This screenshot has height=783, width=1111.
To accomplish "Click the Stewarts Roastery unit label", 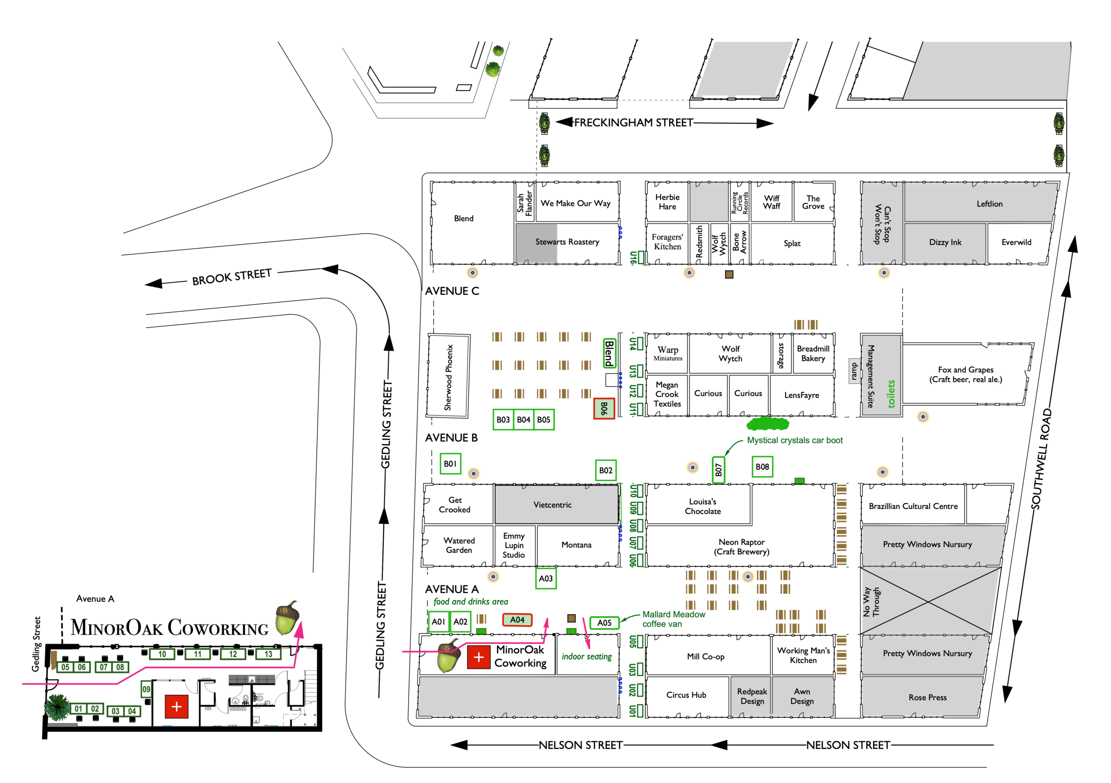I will [567, 242].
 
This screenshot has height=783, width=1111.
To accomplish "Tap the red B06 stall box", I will [604, 408].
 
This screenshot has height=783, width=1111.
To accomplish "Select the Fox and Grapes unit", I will [965, 374].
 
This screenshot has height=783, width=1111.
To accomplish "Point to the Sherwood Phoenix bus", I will [448, 376].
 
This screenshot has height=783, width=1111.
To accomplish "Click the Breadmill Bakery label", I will [813, 353].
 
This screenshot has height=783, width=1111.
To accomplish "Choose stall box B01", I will [450, 464].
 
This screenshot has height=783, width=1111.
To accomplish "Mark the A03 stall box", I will [546, 578].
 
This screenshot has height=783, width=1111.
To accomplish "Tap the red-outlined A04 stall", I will [517, 620].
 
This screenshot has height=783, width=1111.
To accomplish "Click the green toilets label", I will [891, 393].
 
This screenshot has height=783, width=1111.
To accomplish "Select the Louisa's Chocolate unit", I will [703, 506].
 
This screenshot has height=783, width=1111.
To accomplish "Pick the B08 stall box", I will [762, 467].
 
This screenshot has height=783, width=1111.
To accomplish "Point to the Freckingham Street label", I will [634, 123].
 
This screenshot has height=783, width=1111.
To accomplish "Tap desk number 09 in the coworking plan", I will [146, 689].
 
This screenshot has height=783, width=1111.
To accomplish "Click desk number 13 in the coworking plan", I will [268, 654].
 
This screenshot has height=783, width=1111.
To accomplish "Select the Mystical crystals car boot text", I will [795, 441].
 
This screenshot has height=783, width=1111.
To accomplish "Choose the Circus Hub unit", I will [686, 695].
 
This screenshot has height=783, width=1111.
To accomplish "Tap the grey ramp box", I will [854, 371].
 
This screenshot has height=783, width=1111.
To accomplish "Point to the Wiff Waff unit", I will [771, 202].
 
